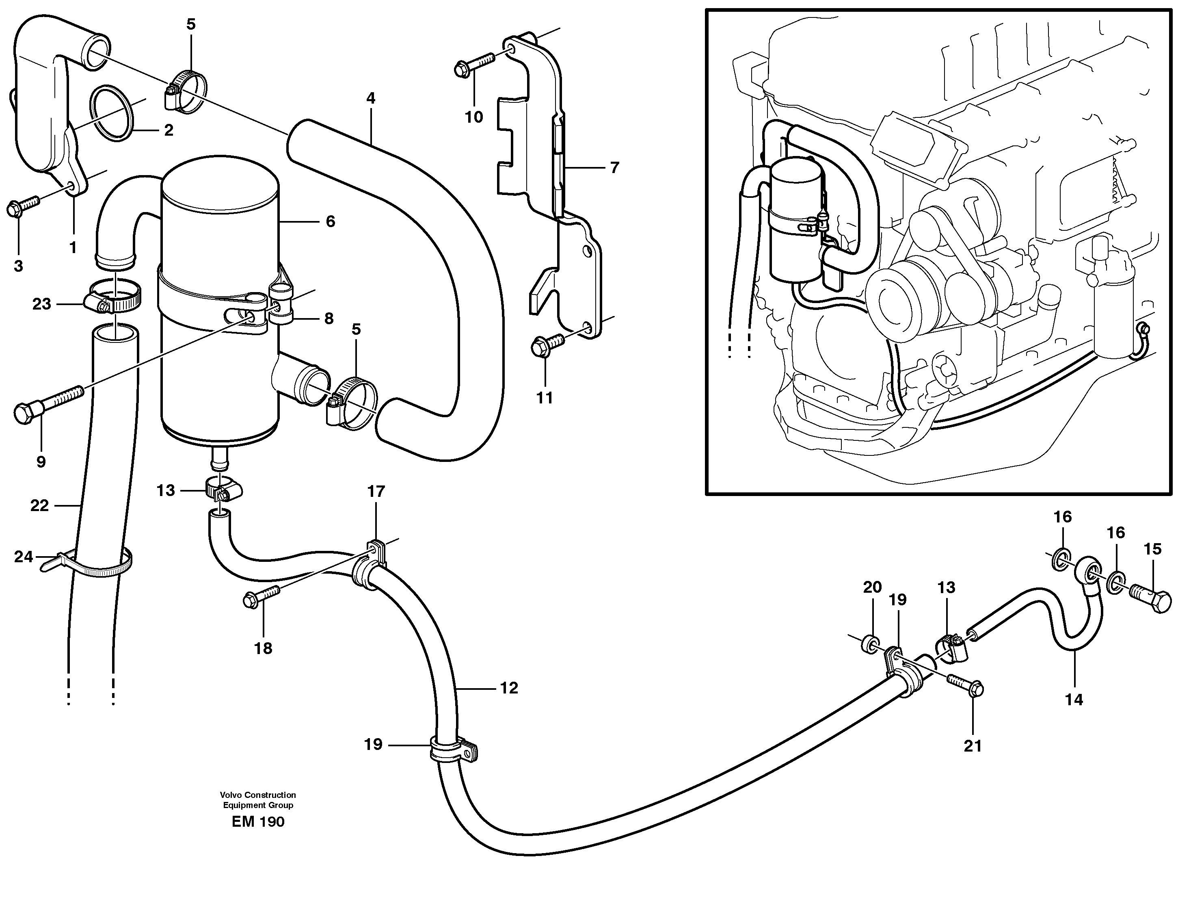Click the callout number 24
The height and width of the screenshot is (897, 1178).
[24, 557]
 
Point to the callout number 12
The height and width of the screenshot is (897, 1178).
[509, 688]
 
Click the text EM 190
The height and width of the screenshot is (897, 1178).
[258, 822]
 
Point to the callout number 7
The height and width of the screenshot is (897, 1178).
[614, 168]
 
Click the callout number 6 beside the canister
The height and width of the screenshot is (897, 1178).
[331, 221]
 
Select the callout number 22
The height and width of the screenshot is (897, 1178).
[39, 505]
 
